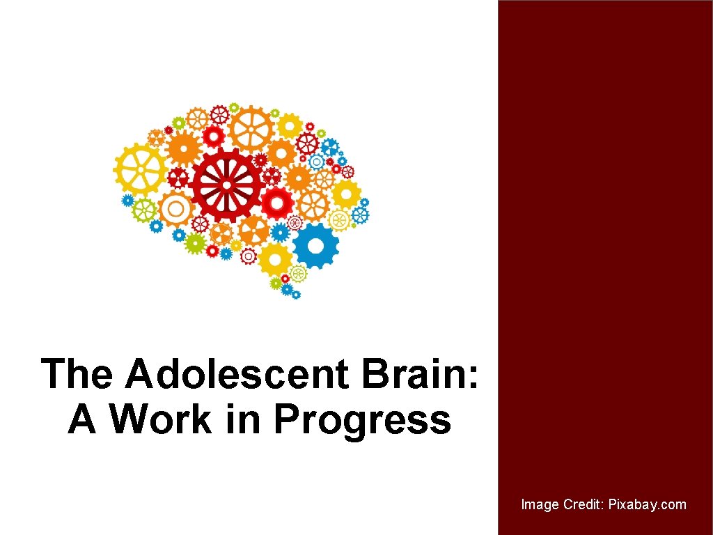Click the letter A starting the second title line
[x=81, y=419]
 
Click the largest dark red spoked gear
[x=228, y=184]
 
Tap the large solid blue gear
[x=315, y=246]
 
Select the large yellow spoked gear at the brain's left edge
[x=141, y=169]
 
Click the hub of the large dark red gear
[x=228, y=184]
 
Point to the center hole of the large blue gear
[x=315, y=246]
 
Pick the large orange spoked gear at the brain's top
[x=251, y=129]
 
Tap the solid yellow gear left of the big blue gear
[x=276, y=258]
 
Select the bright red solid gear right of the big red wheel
[x=278, y=203]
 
